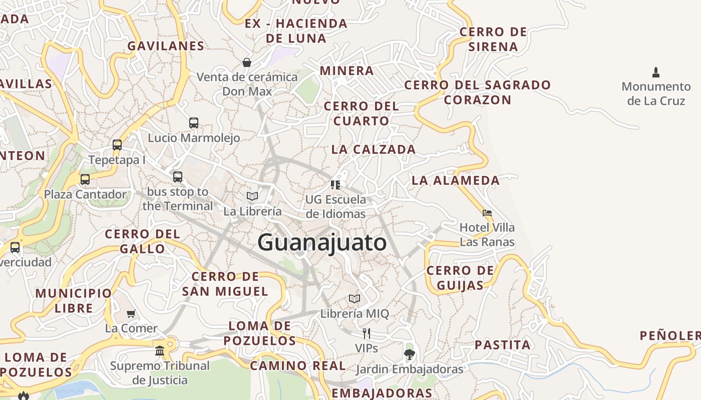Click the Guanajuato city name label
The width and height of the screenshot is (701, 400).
(322, 242)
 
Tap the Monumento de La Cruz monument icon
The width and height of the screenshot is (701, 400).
(656, 72)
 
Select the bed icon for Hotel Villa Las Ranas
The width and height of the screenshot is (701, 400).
(487, 213)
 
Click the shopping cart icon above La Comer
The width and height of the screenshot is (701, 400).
(131, 313)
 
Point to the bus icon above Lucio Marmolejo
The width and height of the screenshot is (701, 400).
(194, 122)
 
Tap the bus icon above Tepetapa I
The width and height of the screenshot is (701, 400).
(117, 145)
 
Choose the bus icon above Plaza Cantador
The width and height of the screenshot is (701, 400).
(85, 179)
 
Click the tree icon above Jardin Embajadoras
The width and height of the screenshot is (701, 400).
(410, 354)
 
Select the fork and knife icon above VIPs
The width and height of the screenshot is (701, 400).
(367, 333)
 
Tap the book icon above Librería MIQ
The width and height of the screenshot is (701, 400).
(355, 298)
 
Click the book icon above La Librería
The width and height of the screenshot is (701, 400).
(252, 196)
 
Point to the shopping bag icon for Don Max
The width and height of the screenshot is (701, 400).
(247, 62)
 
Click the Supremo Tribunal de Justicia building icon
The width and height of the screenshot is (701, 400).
(160, 350)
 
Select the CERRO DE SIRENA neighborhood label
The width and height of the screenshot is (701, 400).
(493, 39)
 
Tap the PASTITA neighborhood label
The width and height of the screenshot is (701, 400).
(502, 345)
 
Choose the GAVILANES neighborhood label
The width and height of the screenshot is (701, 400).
(166, 46)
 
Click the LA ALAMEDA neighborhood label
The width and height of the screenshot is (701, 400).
(456, 180)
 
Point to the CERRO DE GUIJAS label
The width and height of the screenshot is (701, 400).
(460, 278)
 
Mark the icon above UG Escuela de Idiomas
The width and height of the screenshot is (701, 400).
(335, 185)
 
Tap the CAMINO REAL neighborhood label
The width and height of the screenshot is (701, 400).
(298, 365)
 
